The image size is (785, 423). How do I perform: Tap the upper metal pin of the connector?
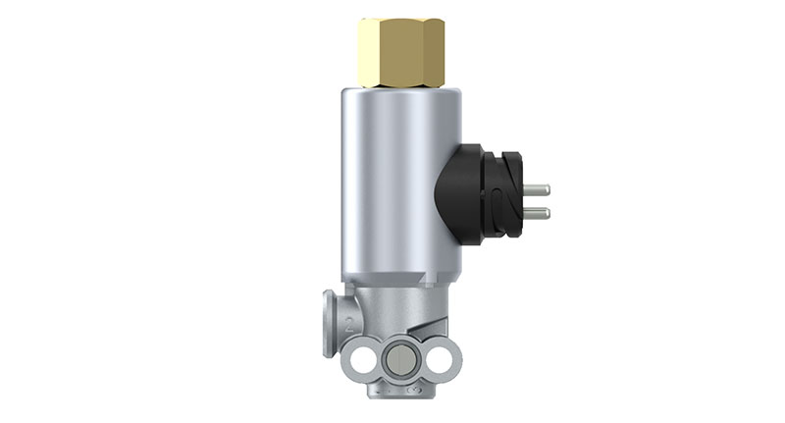[x=536, y=189]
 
